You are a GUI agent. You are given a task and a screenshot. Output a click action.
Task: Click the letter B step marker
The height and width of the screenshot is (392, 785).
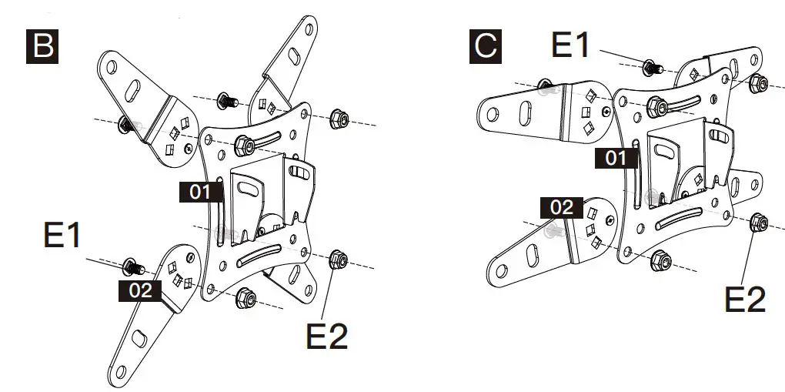pos(42,46)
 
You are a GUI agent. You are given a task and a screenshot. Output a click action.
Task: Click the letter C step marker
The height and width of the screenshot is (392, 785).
pos(485,46)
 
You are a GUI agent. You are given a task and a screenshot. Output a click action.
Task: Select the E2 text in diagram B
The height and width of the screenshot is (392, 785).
pos(327,336)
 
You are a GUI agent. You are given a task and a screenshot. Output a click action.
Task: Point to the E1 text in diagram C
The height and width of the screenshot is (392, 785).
pos(571,45)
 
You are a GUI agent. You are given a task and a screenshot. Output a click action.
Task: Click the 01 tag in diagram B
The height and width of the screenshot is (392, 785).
pos(200,192)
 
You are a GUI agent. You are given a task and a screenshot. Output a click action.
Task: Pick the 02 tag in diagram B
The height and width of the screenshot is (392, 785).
pos(139,290)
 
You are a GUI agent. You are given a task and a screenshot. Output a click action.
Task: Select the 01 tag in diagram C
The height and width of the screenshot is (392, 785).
pos(616,159)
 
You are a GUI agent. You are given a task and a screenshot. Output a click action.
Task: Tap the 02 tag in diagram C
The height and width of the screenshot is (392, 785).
pos(562,207)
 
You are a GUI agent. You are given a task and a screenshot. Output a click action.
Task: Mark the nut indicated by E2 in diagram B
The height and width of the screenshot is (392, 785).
pos(336,260)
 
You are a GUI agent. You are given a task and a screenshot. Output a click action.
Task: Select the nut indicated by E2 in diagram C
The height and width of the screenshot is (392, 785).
pos(756,223)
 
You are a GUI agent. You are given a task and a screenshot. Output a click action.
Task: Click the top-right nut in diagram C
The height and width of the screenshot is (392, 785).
pos(757,82)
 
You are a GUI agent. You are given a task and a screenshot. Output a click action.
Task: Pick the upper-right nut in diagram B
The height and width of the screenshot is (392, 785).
pos(337,119)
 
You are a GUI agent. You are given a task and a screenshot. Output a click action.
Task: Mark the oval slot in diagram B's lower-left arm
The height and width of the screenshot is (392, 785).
pos(138,338)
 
